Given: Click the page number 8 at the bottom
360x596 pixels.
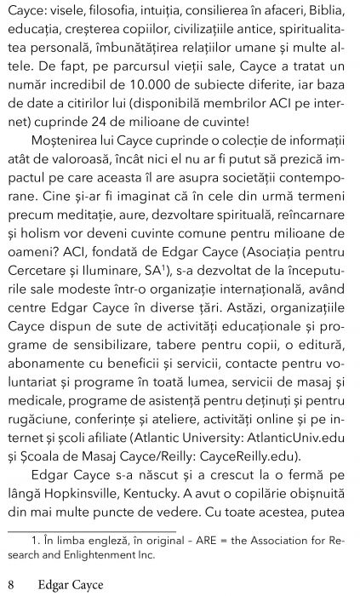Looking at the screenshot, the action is [x=11, y=583].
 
